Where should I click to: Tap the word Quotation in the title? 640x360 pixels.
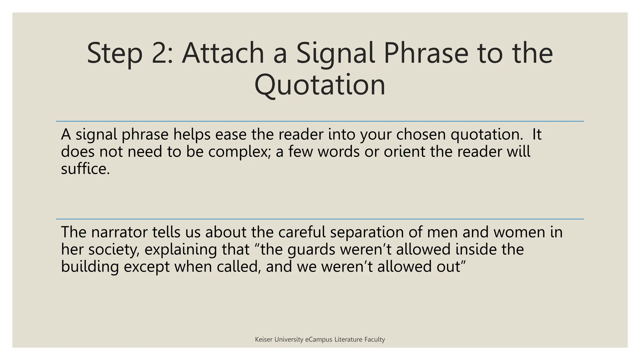coord(320,85)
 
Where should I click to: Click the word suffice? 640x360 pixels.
coord(85,169)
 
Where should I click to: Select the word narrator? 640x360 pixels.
coord(119,232)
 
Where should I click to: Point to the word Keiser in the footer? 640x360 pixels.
coord(264,339)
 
